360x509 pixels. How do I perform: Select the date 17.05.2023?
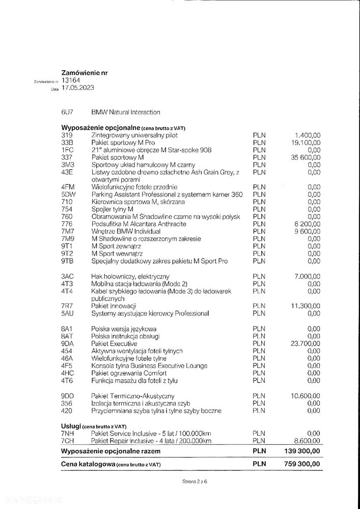click(78, 88)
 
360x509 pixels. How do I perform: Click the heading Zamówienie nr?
click(84, 73)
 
